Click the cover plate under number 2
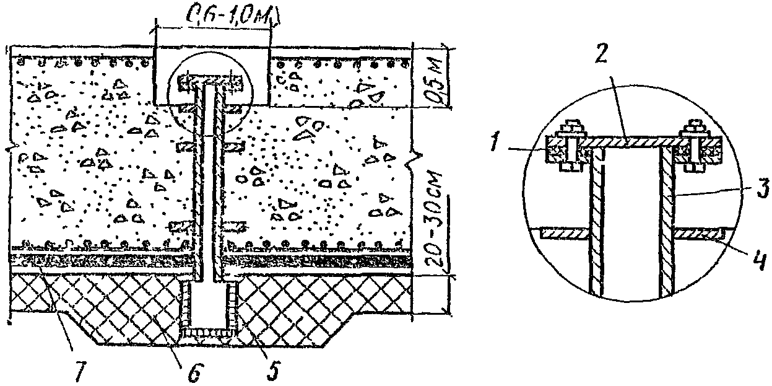tap(631, 143)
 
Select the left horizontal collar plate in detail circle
tap(562, 234)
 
